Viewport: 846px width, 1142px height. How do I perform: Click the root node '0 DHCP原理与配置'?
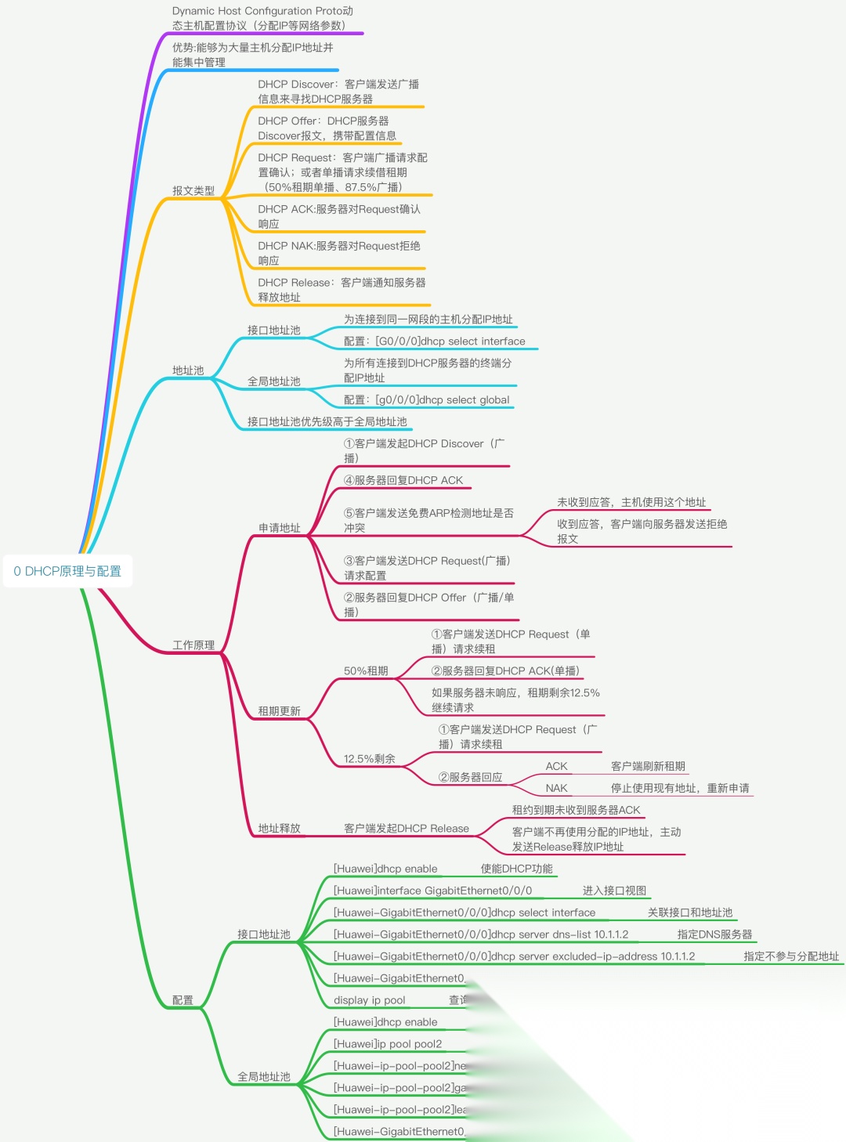[x=67, y=571]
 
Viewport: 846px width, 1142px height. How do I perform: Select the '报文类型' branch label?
[x=193, y=190]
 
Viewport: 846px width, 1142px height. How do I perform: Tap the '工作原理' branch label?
[x=193, y=645]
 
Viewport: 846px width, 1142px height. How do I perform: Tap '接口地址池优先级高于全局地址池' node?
[x=327, y=421]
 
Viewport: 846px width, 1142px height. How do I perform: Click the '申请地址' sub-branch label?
[x=280, y=528]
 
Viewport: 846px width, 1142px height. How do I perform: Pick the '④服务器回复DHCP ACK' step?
[x=403, y=480]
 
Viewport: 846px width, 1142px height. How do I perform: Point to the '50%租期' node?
[x=366, y=670]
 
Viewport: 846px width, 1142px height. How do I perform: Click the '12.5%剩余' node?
[x=370, y=758]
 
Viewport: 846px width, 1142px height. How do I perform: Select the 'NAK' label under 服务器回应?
[x=556, y=788]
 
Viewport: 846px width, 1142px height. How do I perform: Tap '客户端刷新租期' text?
[x=648, y=766]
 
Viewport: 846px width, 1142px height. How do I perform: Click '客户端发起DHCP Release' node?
[x=407, y=828]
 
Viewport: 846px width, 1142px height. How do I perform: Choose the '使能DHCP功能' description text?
[x=516, y=869]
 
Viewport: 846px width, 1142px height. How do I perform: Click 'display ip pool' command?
[x=370, y=1000]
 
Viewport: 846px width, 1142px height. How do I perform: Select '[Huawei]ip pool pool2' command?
[x=388, y=1044]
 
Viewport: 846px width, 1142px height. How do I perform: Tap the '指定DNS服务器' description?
[x=714, y=934]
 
